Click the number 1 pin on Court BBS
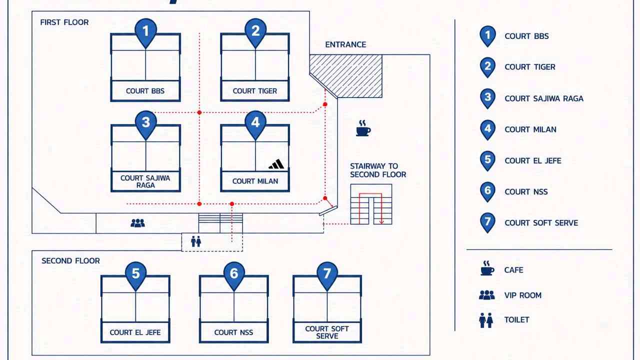pyautogui.click(x=145, y=32)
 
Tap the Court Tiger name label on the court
pyautogui.click(x=255, y=91)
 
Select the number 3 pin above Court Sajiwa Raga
pyautogui.click(x=145, y=124)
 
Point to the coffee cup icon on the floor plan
pyautogui.click(x=363, y=128)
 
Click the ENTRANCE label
pyautogui.click(x=345, y=44)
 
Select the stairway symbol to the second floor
pyautogui.click(x=371, y=204)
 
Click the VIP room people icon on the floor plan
pyautogui.click(x=137, y=223)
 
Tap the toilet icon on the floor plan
pyautogui.click(x=196, y=241)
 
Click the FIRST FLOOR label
pyautogui.click(x=64, y=22)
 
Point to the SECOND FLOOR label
pyautogui.click(x=70, y=261)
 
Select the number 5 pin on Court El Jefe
pyautogui.click(x=135, y=275)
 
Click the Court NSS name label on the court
pyautogui.click(x=233, y=332)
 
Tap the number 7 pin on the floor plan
pyautogui.click(x=327, y=275)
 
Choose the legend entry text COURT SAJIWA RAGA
pyautogui.click(x=544, y=98)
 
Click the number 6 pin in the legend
pyautogui.click(x=487, y=191)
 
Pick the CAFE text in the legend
pyautogui.click(x=513, y=270)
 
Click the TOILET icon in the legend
pyautogui.click(x=486, y=320)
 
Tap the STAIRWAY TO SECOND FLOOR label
pyautogui.click(x=378, y=170)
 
